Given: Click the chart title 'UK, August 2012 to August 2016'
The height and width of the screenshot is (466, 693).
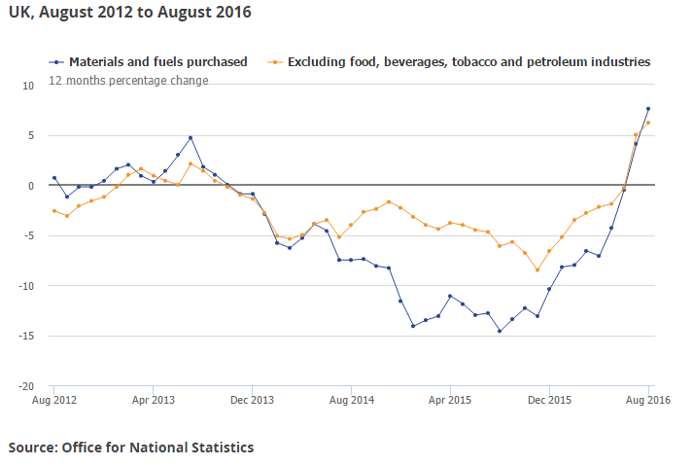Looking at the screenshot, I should (x=128, y=13).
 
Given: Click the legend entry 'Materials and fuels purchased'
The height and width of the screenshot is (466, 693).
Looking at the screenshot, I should (x=157, y=61).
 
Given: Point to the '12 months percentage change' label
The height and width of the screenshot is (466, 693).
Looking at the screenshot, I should (x=128, y=81).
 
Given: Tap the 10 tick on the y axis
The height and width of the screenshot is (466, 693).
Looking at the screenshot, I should (x=28, y=85).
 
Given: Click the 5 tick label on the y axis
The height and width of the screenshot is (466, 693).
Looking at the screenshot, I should (x=31, y=135).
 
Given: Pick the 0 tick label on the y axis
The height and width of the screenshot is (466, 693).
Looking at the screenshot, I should (x=31, y=185).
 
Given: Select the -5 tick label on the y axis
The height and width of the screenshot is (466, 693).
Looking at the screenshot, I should (x=29, y=235).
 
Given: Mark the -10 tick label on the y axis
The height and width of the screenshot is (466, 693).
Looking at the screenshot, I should (x=27, y=286).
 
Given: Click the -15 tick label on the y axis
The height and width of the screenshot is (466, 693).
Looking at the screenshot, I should (x=27, y=336).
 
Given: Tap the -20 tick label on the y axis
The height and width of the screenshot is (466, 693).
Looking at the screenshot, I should (x=27, y=386).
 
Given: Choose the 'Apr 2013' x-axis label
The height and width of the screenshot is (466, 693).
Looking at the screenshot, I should (x=153, y=400).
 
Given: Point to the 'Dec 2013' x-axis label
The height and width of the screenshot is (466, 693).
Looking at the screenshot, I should (x=252, y=400).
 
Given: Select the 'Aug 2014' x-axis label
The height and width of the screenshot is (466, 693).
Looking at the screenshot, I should (x=351, y=400).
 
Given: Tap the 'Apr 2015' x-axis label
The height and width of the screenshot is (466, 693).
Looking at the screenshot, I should (x=450, y=400).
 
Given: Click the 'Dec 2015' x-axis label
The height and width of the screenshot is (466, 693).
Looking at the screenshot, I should (x=549, y=400).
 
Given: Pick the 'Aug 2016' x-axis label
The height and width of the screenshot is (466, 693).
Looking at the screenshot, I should (x=648, y=400).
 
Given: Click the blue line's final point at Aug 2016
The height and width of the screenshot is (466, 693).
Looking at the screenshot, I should (x=648, y=108).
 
